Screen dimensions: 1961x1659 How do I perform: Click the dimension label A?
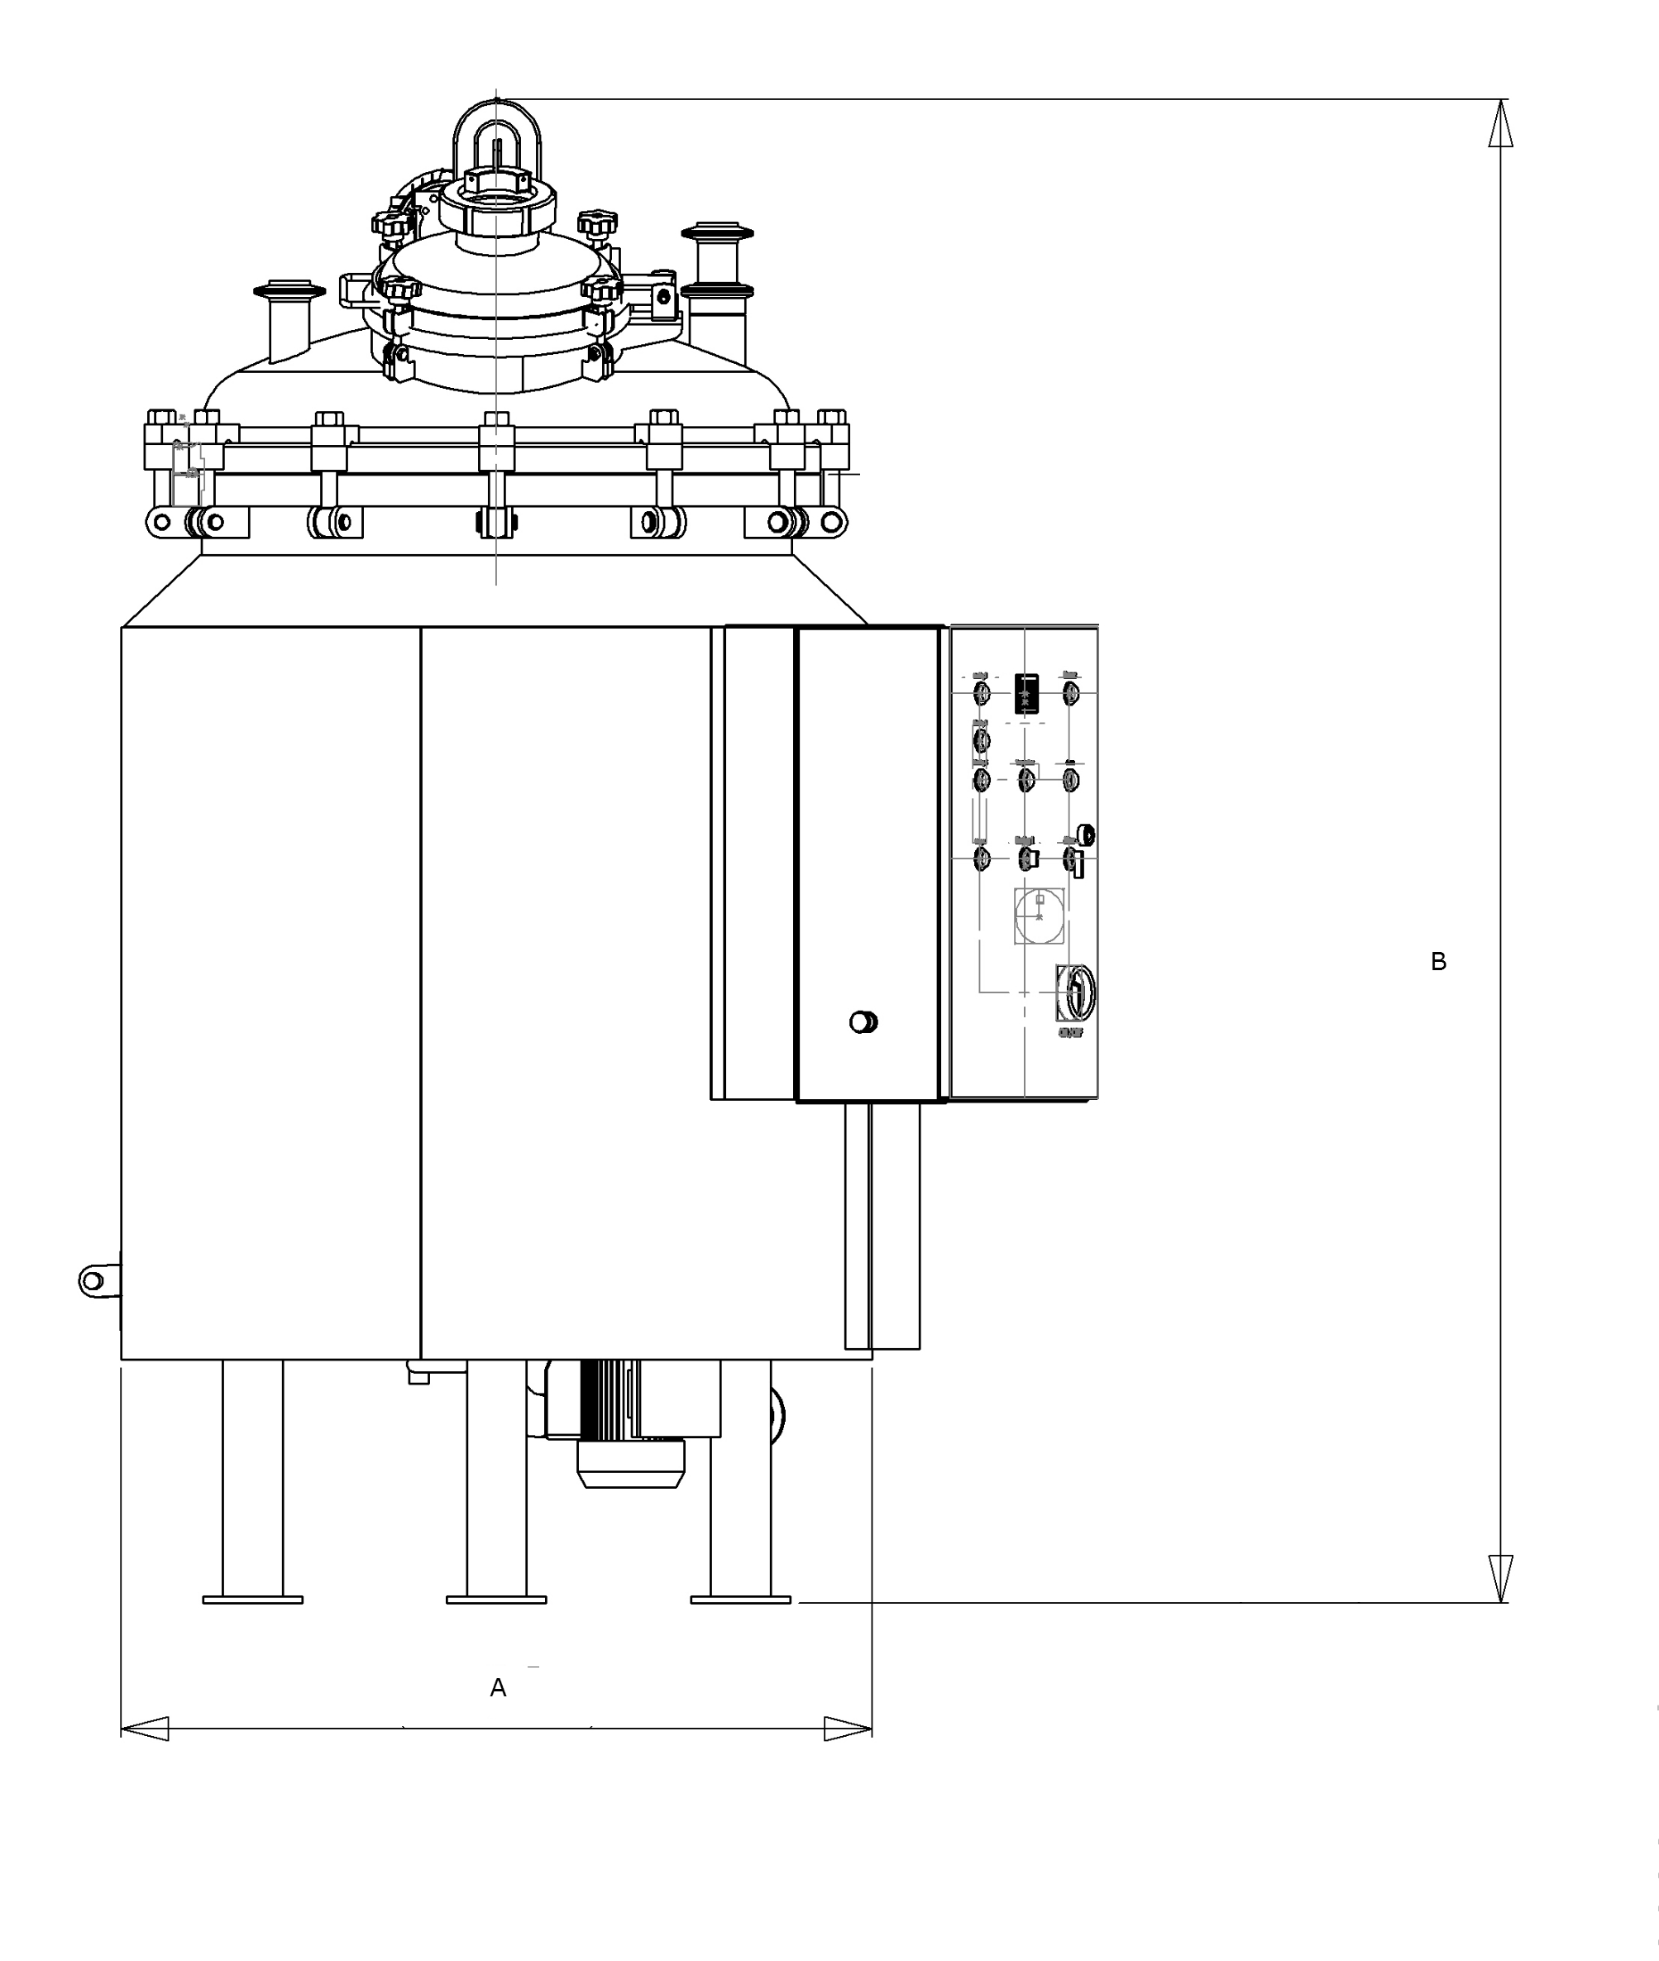coord(498,1688)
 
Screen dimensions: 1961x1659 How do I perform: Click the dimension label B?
coord(1438,961)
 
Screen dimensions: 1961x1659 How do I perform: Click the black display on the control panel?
coord(1027,693)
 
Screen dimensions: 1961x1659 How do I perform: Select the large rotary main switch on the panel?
coord(1077,992)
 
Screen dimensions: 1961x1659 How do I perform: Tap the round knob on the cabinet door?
coord(863,1021)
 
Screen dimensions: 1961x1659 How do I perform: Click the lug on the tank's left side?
coord(93,1280)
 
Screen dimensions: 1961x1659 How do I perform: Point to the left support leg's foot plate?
coord(252,1599)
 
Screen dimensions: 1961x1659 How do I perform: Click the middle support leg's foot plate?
coord(495,1599)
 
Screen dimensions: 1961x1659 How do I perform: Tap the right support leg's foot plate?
coord(740,1599)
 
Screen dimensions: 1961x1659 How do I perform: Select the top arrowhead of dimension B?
coord(1500,122)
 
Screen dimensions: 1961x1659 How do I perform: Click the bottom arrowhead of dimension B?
coord(1500,1578)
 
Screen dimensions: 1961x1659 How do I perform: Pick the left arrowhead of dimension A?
coord(145,1729)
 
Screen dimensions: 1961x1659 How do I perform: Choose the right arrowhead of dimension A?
coord(848,1729)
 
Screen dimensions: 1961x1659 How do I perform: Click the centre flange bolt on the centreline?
coord(495,442)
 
